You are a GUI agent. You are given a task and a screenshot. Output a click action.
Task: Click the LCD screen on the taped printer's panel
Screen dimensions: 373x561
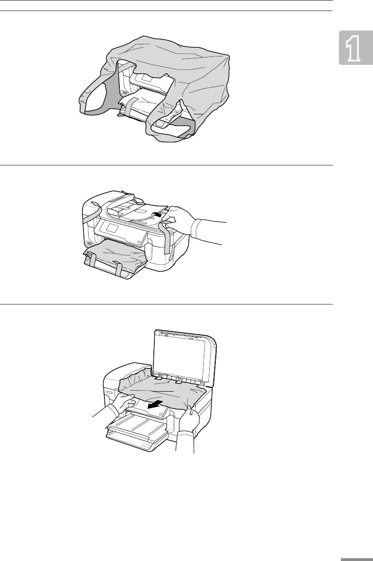click(112, 227)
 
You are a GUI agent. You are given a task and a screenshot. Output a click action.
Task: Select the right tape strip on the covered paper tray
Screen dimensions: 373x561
click(119, 267)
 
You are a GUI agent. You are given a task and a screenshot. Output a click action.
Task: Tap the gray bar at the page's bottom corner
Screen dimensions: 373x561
click(357, 559)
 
